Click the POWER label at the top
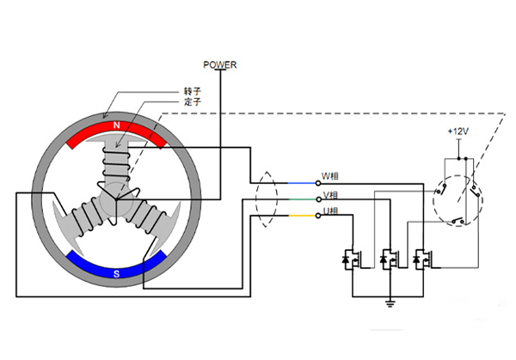click(220, 64)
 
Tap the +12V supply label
click(458, 131)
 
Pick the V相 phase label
click(330, 195)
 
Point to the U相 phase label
click(330, 211)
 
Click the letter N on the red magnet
click(116, 126)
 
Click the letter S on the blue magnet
click(116, 272)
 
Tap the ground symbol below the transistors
click(390, 302)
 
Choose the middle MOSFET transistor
click(390, 259)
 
